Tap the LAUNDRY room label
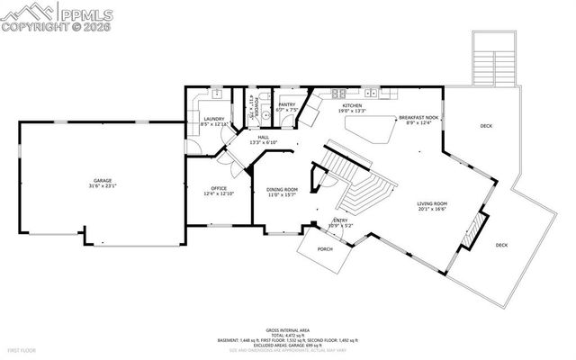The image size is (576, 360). (x=213, y=119)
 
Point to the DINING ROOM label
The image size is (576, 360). (x=282, y=189)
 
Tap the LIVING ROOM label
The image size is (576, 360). (x=432, y=203)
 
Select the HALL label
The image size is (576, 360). (x=264, y=137)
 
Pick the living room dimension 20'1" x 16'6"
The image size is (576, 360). (x=432, y=210)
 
